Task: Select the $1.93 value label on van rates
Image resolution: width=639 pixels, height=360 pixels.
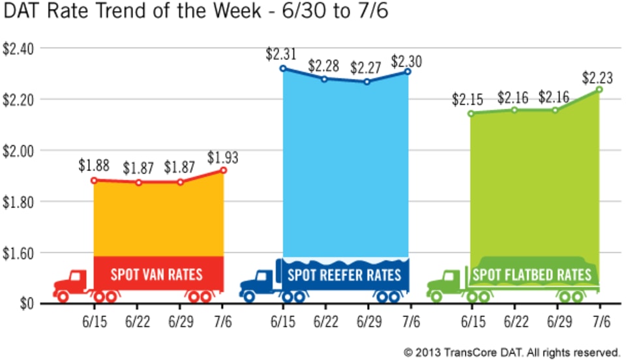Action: click(x=223, y=157)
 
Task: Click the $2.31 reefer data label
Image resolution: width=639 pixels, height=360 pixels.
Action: click(x=281, y=54)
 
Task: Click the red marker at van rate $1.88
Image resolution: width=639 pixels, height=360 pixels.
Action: click(x=94, y=180)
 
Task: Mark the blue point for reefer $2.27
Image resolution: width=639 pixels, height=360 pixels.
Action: click(x=367, y=82)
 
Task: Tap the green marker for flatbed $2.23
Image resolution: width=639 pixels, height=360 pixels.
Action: click(x=599, y=89)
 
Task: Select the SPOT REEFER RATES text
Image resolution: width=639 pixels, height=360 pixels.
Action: click(x=344, y=274)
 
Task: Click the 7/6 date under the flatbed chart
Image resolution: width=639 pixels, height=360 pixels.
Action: click(x=600, y=322)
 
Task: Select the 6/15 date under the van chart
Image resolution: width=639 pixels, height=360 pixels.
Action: click(x=95, y=322)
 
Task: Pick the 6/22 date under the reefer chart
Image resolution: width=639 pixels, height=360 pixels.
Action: click(x=325, y=322)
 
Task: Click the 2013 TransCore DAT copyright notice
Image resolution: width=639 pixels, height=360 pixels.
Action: click(x=511, y=352)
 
